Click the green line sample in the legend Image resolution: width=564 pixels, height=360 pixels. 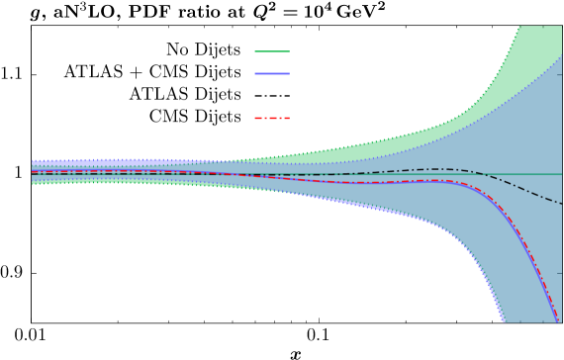click(x=272, y=51)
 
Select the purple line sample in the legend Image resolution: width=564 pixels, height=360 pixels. click(x=272, y=73)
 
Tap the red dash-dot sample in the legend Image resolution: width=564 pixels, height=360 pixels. click(x=272, y=118)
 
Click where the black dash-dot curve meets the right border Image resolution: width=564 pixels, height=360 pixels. click(x=561, y=204)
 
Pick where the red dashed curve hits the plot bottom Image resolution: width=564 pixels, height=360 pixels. click(x=559, y=320)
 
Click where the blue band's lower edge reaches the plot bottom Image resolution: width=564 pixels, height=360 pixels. click(x=502, y=320)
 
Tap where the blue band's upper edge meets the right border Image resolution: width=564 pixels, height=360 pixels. click(x=561, y=56)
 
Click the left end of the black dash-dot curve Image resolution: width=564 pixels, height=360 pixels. click(x=33, y=174)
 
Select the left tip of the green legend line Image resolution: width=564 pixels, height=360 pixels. click(x=255, y=51)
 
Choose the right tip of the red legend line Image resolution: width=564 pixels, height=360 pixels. click(x=289, y=118)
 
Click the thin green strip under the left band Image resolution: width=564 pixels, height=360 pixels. click(x=99, y=183)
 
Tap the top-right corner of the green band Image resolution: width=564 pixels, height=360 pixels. click(x=560, y=28)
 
